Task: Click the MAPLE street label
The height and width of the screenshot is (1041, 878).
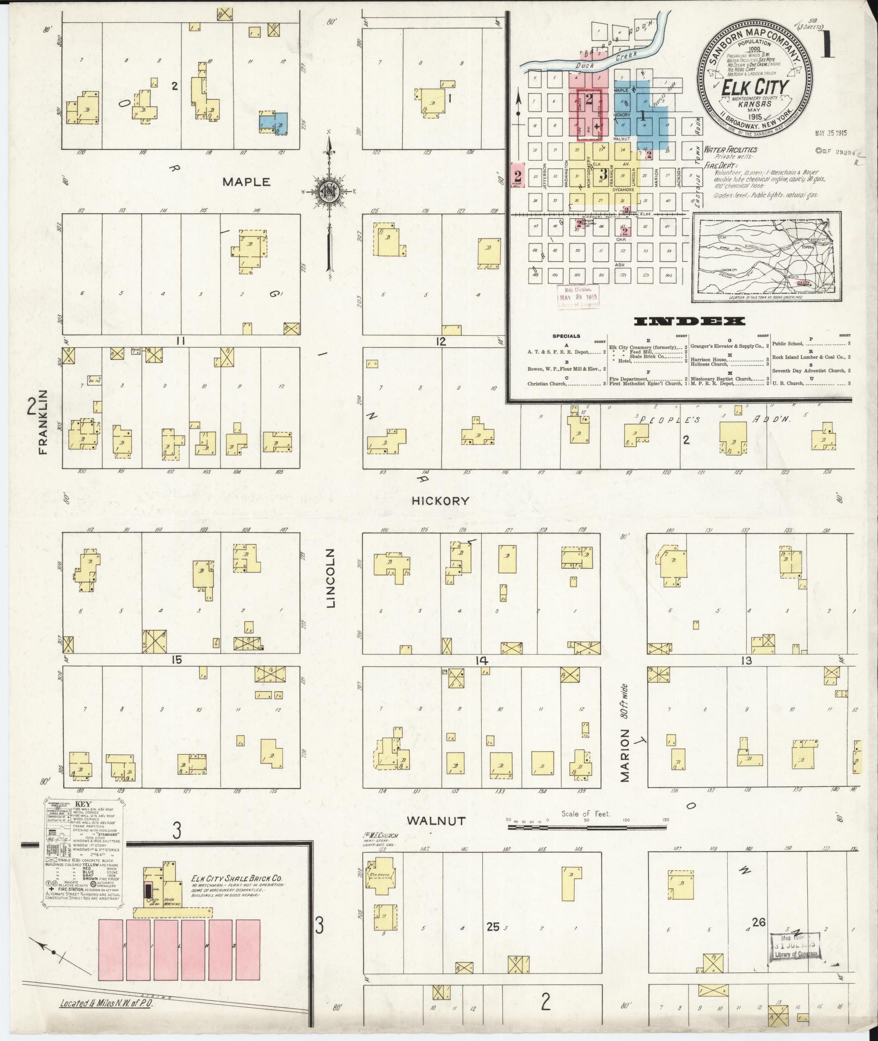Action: pyautogui.click(x=246, y=182)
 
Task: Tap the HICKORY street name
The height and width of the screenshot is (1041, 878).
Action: pyautogui.click(x=440, y=500)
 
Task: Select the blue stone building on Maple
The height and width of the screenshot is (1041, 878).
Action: pyautogui.click(x=274, y=122)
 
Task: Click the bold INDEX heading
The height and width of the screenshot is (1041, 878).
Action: pyautogui.click(x=689, y=322)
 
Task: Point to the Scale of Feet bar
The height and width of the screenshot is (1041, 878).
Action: pyautogui.click(x=587, y=842)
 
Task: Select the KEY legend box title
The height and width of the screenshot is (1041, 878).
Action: pyautogui.click(x=83, y=804)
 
